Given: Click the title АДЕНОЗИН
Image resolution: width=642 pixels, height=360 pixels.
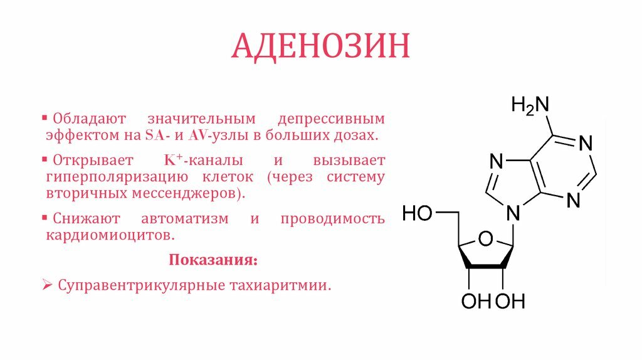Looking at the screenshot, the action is pos(320,46).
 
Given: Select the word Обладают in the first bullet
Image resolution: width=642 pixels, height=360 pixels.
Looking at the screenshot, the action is pos(89,119).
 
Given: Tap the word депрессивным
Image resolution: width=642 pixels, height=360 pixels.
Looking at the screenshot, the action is pos(331,119).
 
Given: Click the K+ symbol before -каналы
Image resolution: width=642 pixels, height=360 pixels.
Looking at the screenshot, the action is pos(173,160).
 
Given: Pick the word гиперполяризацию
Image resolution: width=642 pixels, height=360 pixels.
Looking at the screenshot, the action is pos(117,177).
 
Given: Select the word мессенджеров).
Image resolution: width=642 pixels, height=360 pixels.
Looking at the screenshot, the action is pos(188,193).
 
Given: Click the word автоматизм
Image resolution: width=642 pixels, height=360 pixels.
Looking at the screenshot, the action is pos(185,219).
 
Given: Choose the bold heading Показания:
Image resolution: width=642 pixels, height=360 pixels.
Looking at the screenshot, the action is pos(213,260).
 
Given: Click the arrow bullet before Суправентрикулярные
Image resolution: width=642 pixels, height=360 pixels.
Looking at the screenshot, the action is pos(47,285).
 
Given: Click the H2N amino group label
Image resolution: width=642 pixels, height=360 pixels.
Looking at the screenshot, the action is pos(530,105).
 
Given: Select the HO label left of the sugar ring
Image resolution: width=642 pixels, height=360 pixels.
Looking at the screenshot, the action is pos(417,213).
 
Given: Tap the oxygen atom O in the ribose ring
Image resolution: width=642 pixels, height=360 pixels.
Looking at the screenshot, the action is pos(485,238).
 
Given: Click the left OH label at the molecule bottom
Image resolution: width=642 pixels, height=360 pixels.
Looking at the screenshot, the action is pos(476,302).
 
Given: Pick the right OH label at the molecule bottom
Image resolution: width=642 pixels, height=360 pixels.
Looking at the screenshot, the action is pos(510,302).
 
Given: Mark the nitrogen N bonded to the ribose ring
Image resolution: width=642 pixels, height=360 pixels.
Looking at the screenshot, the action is pos(513,213).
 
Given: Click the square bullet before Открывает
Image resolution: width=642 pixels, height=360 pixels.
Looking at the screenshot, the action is pos(45,159).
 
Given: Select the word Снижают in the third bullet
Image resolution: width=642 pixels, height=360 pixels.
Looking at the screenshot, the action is pos(87,219).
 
